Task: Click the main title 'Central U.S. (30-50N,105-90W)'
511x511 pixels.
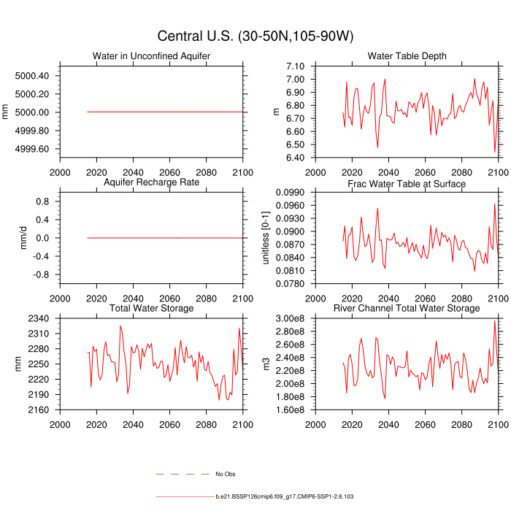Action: coord(255,36)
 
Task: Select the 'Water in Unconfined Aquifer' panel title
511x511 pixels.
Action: coord(151,56)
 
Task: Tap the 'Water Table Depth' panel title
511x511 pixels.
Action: coord(407,56)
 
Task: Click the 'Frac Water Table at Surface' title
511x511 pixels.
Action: coord(407,183)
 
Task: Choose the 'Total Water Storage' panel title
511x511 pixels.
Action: coord(151,309)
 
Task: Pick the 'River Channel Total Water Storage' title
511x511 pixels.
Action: coord(407,309)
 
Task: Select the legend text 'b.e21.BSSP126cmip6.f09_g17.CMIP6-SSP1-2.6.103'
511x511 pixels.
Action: coord(285,496)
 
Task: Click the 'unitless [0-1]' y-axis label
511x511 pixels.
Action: coord(266,238)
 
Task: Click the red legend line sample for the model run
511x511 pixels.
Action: coord(183,496)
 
